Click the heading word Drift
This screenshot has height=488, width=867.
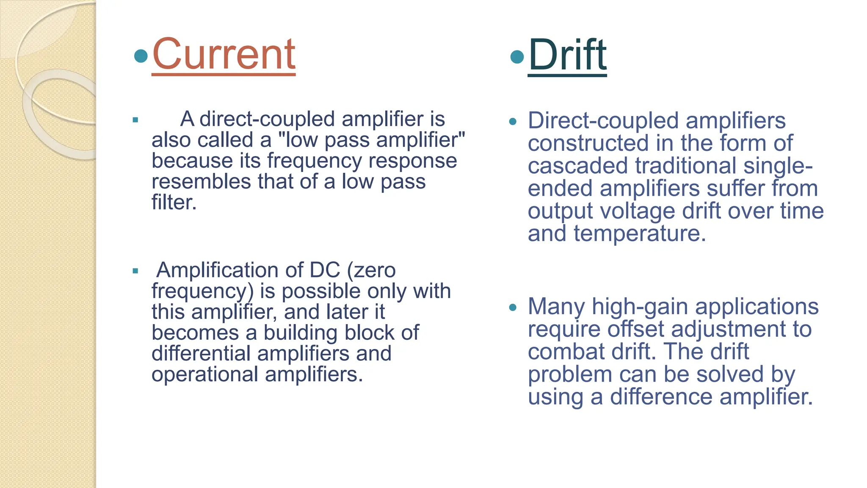point(567,55)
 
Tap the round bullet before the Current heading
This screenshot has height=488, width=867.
point(141,55)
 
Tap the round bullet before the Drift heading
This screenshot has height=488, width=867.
point(517,57)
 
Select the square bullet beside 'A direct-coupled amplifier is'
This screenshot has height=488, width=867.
point(135,120)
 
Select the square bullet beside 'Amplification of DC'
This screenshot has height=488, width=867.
point(135,271)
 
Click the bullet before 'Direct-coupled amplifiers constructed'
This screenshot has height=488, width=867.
point(513,122)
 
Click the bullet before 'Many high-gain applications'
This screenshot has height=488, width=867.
point(513,308)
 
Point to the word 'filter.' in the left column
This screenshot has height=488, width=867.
point(174,202)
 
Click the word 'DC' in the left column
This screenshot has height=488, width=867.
point(325,270)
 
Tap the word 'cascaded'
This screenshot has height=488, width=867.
point(577,166)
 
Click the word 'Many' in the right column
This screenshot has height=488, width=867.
point(556,306)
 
